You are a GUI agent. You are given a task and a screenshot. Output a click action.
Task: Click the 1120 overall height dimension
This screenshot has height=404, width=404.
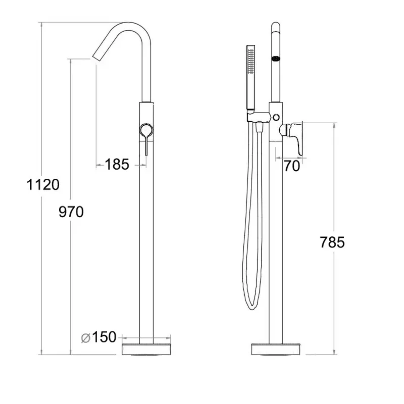point(43,185)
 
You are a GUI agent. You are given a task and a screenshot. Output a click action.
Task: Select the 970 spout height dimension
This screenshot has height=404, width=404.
point(71,212)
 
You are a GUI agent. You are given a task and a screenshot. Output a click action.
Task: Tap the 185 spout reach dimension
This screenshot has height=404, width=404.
point(117,165)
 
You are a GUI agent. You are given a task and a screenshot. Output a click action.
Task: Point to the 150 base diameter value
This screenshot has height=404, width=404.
point(104,337)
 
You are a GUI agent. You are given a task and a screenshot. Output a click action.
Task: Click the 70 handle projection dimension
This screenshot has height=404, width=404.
point(292,166)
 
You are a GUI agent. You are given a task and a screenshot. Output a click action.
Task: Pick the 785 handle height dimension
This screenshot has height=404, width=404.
point(332,242)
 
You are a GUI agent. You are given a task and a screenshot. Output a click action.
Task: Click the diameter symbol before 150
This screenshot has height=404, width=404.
point(85,338)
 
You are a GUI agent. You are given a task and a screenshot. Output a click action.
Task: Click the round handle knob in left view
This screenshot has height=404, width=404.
point(146,130)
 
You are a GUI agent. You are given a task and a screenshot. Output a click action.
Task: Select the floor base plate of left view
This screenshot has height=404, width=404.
point(146,349)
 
